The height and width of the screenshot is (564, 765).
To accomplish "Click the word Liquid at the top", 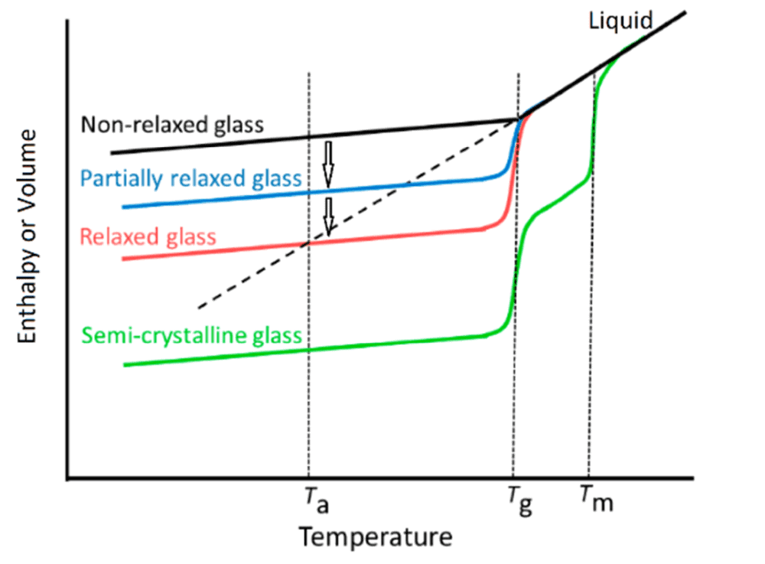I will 620,20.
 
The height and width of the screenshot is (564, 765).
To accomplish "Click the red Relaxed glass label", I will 148,236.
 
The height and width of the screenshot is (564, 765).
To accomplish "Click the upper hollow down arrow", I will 328,163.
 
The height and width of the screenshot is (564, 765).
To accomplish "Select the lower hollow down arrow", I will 328,216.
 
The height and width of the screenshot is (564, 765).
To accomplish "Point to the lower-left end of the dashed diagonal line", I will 199,308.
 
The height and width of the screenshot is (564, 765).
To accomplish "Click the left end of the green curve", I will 125,364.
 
